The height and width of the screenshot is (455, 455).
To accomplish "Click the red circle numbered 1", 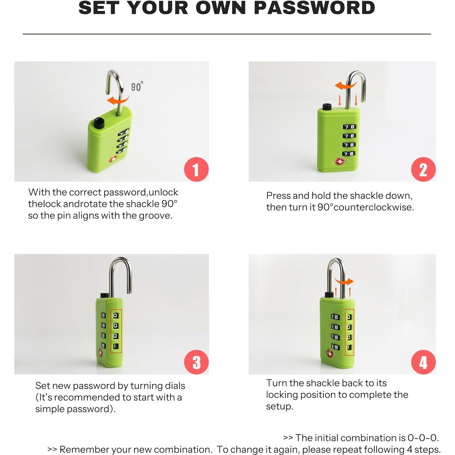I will pos(196,169).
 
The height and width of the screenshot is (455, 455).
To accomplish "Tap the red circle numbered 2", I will pos(423,169).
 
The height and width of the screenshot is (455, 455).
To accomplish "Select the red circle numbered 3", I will pos(196,362).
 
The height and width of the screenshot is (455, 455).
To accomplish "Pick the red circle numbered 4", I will pos(423,362).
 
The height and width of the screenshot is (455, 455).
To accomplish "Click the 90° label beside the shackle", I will pos(137,87).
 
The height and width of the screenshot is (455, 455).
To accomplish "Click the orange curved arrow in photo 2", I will pos(345,85).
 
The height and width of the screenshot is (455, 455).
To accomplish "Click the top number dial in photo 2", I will pos(349,127).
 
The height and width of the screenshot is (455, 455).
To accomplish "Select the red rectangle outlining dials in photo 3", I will pos(116,331).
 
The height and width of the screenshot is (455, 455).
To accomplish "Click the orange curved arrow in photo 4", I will pos(344,282).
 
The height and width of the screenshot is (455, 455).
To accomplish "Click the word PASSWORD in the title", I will pos(314,8).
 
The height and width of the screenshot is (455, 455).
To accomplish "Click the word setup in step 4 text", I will pos(279,406).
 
